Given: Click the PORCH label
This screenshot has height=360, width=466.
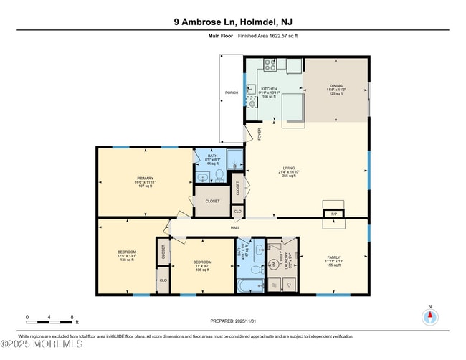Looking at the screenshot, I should point(231,93).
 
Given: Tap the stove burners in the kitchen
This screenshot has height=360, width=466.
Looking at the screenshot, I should point(271,64).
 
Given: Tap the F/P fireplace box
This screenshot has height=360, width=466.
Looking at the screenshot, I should point(333,214).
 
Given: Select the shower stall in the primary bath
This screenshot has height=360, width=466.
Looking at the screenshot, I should point(235,158).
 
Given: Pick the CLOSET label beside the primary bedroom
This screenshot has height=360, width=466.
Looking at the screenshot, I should point(212,201).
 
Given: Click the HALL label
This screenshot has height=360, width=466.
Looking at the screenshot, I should point(234,228).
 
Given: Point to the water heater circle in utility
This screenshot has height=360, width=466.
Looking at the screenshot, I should point(274,265).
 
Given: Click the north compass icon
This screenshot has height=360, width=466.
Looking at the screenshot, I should point(430,317).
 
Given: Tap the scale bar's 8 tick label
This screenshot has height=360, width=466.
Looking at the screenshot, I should point(72,316).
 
